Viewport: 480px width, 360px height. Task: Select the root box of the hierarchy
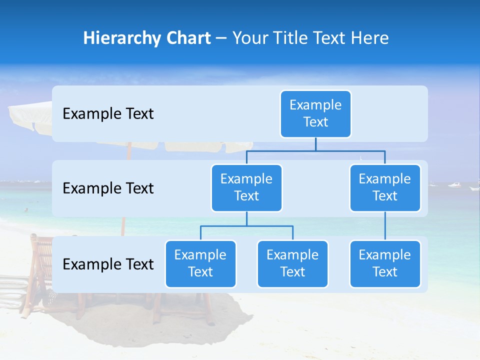315,114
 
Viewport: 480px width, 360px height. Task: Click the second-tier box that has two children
246,188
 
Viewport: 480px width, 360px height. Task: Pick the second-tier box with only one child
385,188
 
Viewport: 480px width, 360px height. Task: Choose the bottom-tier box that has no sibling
385,264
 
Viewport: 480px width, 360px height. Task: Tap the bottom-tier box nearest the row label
200,264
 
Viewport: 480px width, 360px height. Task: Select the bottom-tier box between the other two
292,264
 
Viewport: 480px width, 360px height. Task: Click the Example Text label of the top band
108,114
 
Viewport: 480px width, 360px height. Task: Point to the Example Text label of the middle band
108,188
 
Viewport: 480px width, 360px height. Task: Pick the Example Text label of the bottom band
108,264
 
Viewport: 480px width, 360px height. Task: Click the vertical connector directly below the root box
315,144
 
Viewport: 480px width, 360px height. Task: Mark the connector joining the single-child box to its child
385,226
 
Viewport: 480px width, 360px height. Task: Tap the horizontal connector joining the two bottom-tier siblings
246,226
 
